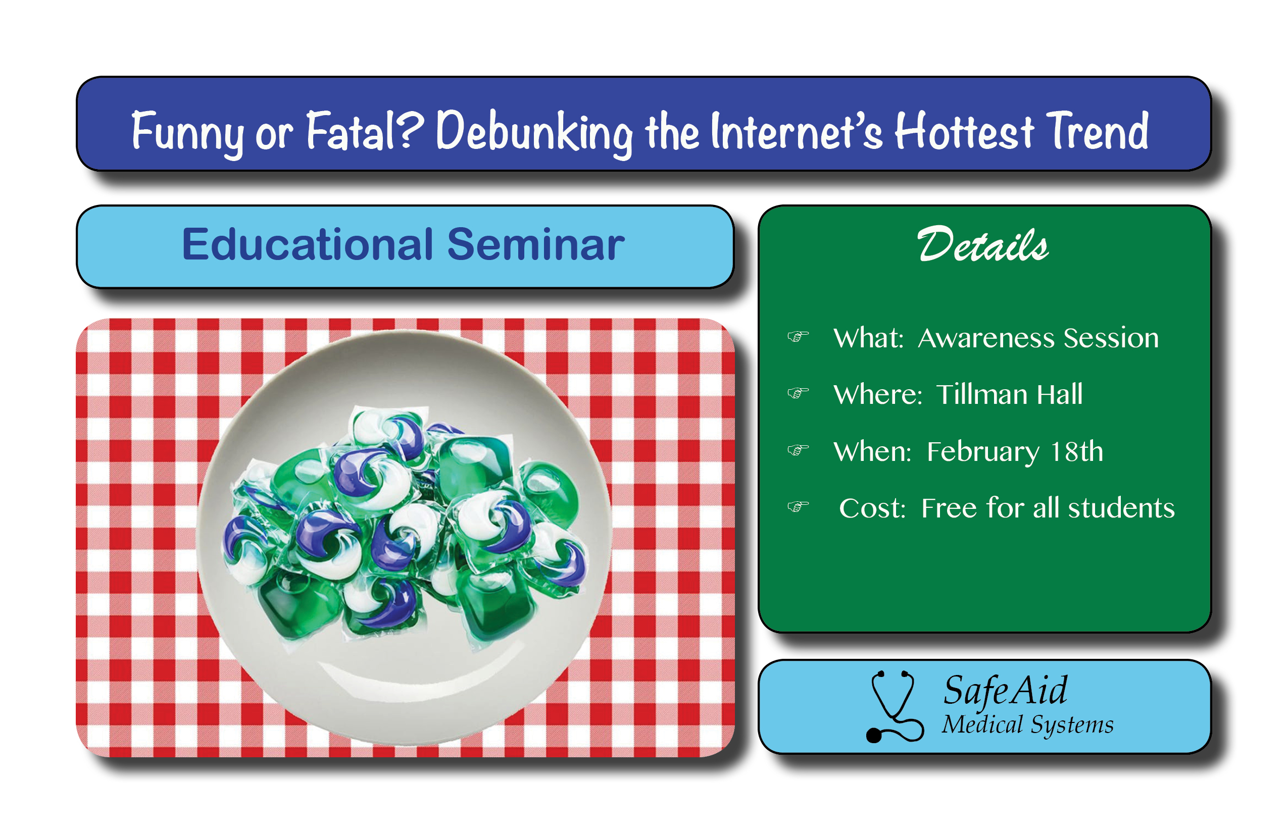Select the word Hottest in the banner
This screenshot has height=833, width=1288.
[964, 130]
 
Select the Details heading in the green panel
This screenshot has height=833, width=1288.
[983, 244]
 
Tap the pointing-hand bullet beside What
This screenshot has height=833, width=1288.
[798, 336]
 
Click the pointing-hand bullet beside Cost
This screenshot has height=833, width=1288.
[798, 506]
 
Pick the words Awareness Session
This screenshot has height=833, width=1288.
[1038, 338]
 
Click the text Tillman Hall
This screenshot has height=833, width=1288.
[1009, 394]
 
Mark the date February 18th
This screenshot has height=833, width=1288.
[1015, 452]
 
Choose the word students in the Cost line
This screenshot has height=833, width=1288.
[1121, 508]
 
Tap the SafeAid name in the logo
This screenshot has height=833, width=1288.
[1005, 691]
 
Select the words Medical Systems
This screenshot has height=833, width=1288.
[1027, 725]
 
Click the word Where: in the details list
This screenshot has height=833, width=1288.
[878, 394]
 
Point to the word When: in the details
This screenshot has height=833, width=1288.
[872, 452]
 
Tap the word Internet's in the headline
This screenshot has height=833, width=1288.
[797, 130]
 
